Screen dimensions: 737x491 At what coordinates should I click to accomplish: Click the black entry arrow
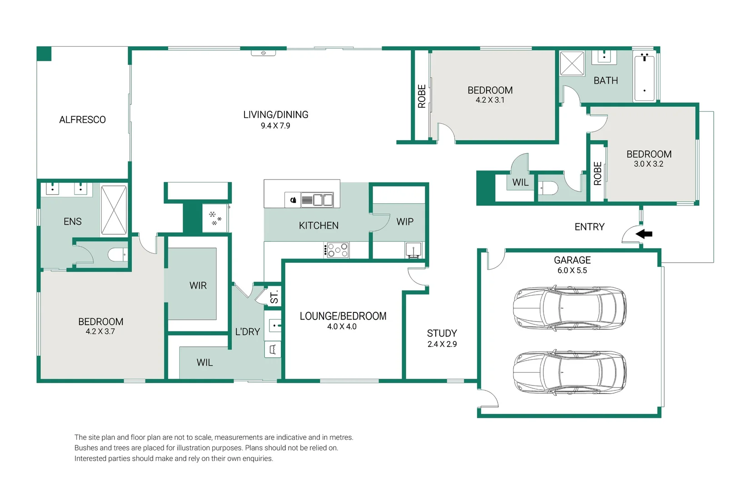(644, 234)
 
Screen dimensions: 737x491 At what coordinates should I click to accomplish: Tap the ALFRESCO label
(83, 120)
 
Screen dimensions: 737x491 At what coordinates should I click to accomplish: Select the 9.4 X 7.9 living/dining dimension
(275, 125)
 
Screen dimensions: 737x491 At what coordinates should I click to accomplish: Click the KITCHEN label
(319, 225)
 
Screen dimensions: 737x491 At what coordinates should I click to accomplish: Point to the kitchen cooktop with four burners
(336, 250)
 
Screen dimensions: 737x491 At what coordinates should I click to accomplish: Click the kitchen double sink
(317, 200)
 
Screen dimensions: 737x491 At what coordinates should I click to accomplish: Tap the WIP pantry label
(405, 221)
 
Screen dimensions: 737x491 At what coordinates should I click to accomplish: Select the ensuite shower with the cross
(114, 210)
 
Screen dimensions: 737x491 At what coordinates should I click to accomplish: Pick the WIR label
(198, 286)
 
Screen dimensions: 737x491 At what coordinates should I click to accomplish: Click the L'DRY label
(248, 331)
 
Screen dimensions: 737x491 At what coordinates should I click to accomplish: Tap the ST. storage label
(274, 296)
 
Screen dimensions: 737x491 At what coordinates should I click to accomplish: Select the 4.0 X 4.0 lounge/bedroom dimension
(342, 327)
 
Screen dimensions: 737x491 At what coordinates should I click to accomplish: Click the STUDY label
(442, 333)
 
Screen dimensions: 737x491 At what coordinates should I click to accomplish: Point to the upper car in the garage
(570, 308)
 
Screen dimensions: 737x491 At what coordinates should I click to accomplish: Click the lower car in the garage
(570, 372)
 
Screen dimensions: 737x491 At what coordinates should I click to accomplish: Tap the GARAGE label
(572, 260)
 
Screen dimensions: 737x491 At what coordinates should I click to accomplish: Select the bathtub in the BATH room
(644, 76)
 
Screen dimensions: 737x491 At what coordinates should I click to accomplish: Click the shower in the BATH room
(572, 63)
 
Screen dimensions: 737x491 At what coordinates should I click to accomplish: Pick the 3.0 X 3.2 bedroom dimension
(649, 164)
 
